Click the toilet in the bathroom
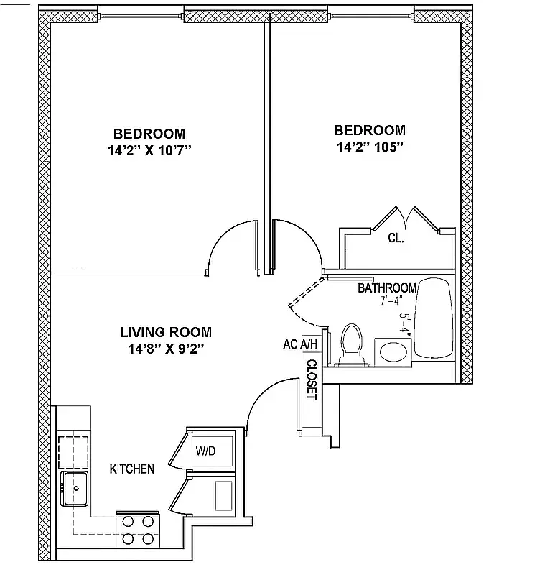pos(351,343)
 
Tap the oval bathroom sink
pos(392,351)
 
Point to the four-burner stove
pos(137,530)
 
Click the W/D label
pos(206,451)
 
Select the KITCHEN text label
pos(131,469)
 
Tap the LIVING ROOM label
pos(165,332)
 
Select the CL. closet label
pos(396,238)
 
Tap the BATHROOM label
pos(387,288)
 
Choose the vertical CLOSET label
pos(312,379)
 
